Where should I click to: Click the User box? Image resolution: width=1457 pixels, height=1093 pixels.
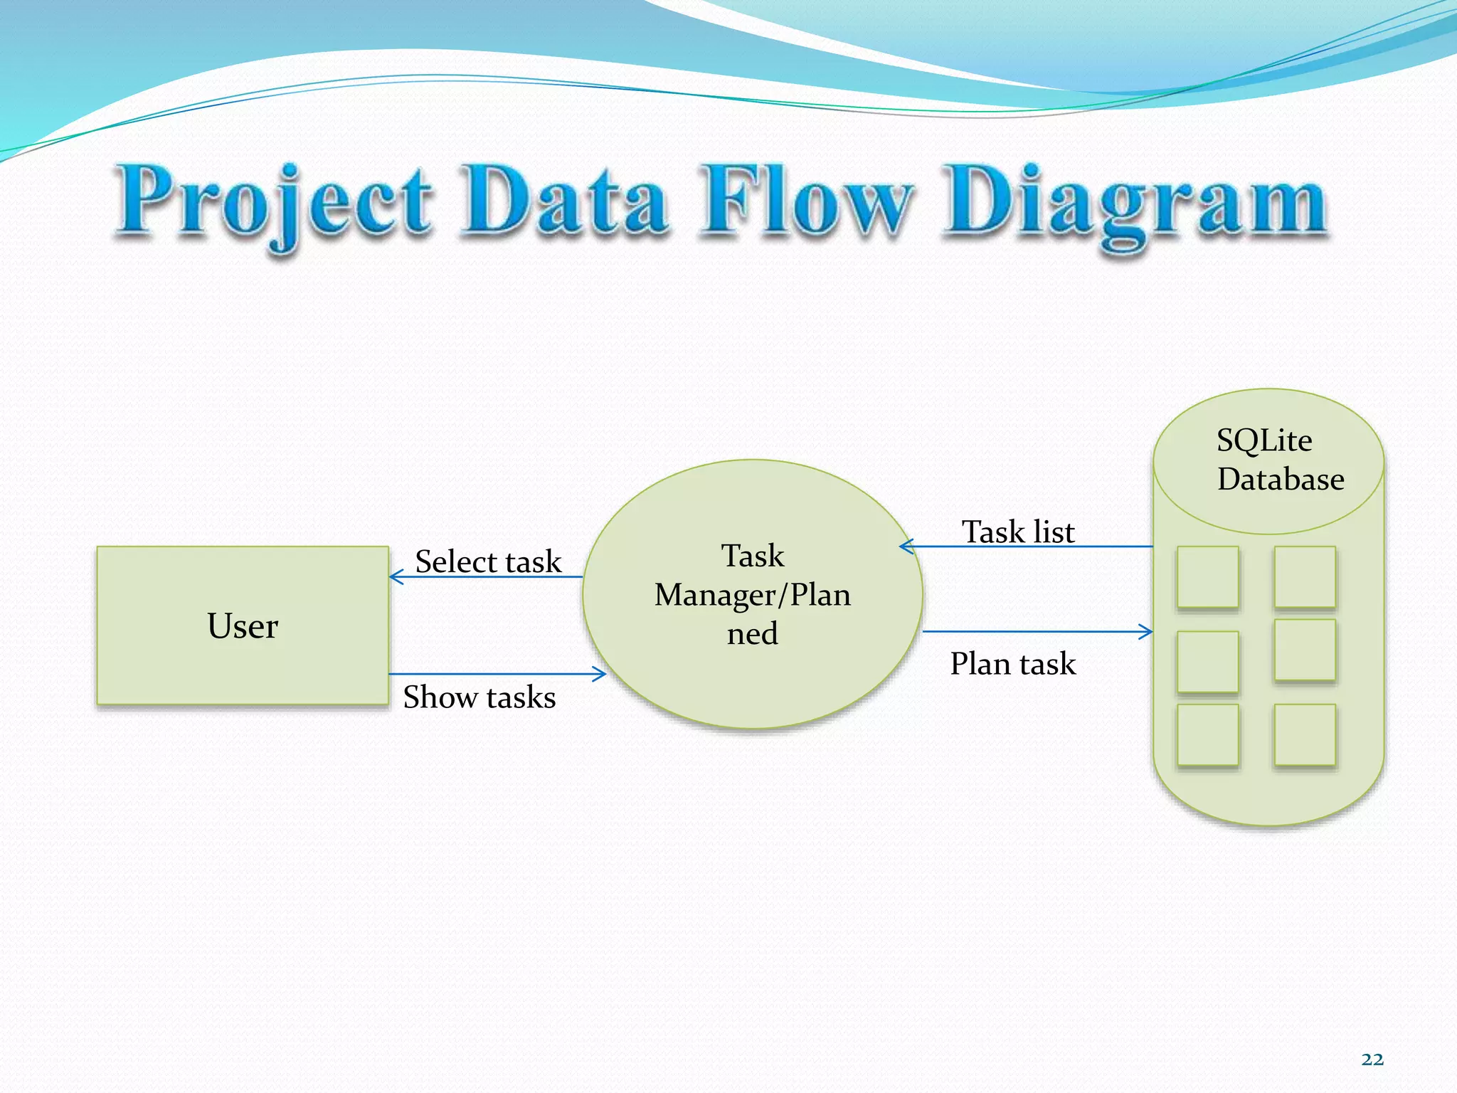coord(243,625)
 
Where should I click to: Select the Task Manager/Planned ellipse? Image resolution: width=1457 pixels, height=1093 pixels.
coord(752,594)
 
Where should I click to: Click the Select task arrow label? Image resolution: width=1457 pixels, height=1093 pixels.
coord(488,561)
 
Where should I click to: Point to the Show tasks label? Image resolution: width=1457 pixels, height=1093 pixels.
coord(479,697)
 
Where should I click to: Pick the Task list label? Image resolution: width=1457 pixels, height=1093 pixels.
coord(1017,532)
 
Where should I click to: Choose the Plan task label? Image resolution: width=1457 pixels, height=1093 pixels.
coord(1012,663)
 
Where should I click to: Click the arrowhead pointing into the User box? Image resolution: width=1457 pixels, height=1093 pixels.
coord(396,576)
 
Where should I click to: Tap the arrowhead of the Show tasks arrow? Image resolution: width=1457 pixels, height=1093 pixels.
coord(600,673)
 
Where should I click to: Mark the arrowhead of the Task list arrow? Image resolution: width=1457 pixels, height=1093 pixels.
coord(906,546)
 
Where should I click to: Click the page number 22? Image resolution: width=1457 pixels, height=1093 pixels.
coord(1372,1060)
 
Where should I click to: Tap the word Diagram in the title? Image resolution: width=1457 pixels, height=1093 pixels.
coord(1135,203)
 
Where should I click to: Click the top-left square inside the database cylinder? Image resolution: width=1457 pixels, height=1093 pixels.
coord(1207,577)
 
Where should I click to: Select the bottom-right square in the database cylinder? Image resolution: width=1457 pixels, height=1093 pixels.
coord(1305,734)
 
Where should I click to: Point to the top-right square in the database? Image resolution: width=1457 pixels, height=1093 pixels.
coord(1305,577)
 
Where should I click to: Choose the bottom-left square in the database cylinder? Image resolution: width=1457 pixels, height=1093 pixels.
coord(1207,734)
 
